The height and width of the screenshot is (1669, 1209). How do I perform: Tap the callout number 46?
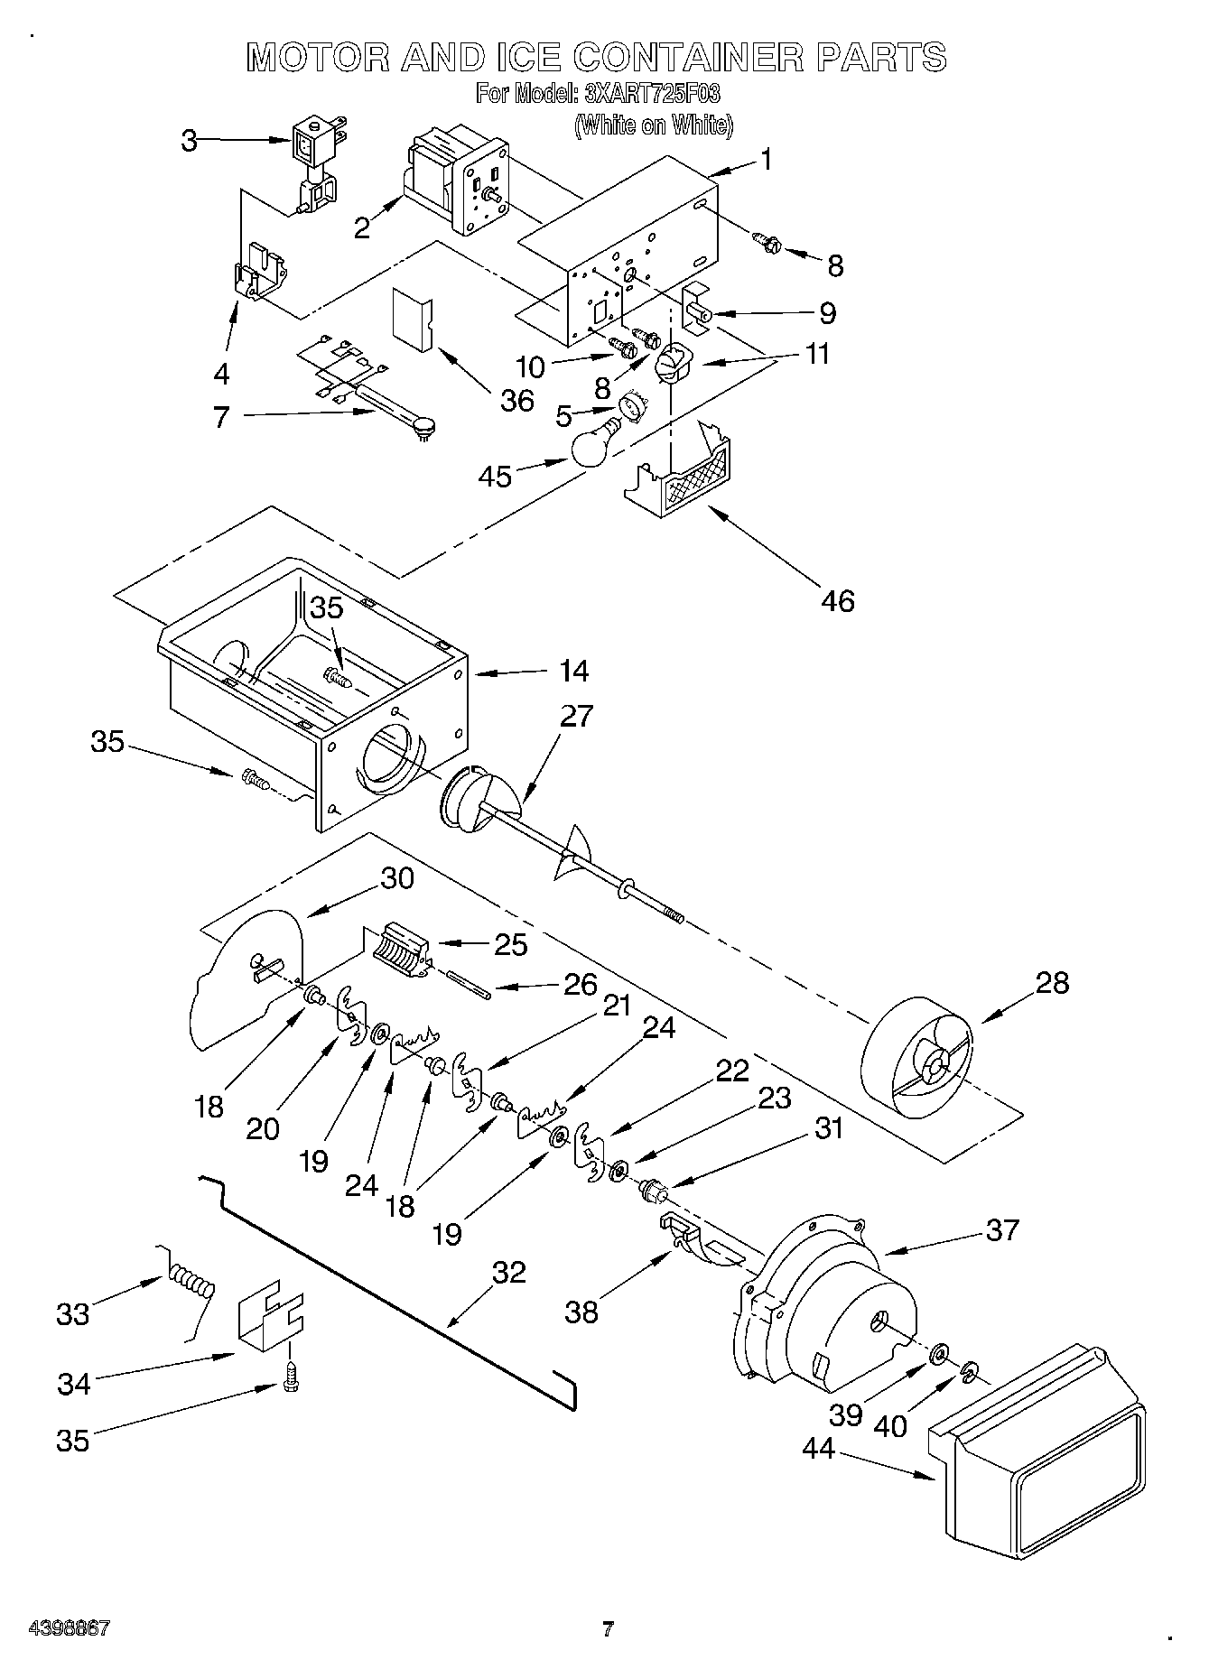click(x=838, y=600)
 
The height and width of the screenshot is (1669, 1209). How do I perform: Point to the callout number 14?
click(x=573, y=671)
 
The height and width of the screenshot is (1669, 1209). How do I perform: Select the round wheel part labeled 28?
click(x=918, y=1051)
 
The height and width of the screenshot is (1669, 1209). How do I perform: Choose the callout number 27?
click(x=576, y=716)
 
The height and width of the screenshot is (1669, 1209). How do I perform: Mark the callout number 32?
click(x=508, y=1272)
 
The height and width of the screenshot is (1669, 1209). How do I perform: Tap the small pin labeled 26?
click(x=469, y=983)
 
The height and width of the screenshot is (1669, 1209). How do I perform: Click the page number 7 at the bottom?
click(x=608, y=1629)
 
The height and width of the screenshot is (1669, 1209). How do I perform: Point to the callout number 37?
click(x=1001, y=1229)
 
